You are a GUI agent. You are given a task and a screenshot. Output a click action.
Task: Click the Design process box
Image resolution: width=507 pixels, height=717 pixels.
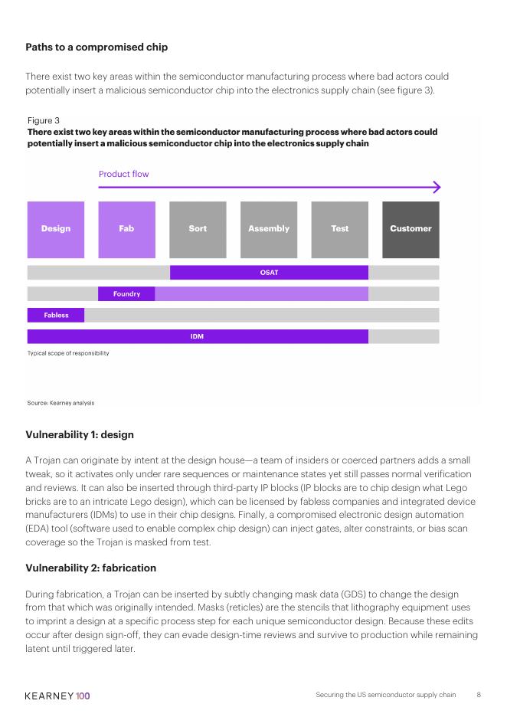point(56,230)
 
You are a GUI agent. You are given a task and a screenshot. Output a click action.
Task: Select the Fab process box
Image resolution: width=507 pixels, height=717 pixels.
point(126,230)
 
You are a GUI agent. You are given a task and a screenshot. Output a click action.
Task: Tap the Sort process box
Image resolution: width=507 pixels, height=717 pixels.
point(198,230)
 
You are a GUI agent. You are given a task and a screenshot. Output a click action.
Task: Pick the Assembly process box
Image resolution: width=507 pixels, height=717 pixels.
point(269,230)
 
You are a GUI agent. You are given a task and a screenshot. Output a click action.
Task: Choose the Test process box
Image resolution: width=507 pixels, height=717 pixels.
point(340,230)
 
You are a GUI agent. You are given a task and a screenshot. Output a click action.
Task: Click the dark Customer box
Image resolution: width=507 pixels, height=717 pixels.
point(411,230)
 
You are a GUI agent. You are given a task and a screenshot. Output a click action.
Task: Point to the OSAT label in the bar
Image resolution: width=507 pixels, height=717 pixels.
point(270,273)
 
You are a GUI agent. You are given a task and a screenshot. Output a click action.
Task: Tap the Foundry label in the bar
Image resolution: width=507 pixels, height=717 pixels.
point(126,293)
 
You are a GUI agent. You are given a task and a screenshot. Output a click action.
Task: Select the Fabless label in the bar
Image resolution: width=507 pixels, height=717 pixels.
point(56,315)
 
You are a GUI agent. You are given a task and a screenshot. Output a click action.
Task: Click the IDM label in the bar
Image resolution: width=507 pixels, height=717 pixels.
point(197,336)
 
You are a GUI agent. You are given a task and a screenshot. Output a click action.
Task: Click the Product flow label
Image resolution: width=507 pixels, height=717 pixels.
point(124,174)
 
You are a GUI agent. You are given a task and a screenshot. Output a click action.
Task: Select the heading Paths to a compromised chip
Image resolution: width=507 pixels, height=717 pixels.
point(96,47)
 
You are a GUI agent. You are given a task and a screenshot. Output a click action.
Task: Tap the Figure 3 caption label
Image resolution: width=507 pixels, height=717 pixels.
point(44,120)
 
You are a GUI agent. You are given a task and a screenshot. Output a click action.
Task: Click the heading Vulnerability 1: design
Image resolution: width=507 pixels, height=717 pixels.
point(80,434)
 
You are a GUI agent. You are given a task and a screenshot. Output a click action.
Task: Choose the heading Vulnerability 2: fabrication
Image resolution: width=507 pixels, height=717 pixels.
point(91,568)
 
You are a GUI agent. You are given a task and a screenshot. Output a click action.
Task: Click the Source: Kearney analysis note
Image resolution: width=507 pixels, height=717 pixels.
point(61,403)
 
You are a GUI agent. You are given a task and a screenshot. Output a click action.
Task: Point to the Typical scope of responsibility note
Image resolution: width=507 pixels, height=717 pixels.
point(68,353)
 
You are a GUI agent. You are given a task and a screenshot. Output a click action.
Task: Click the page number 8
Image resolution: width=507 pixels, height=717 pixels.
point(479,695)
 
